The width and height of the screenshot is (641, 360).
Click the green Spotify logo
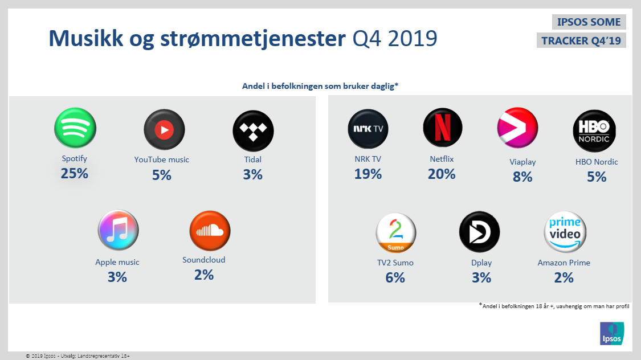[75, 128]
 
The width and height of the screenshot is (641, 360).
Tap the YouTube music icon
[164, 130]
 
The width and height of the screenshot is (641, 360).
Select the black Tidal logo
[253, 131]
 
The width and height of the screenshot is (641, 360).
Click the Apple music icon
[118, 230]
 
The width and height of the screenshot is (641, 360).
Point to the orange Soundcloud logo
[210, 231]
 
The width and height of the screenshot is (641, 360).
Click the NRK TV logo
[368, 129]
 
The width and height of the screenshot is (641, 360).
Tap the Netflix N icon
[443, 128]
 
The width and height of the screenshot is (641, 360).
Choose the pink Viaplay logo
[517, 128]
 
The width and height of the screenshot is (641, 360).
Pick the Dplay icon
[479, 232]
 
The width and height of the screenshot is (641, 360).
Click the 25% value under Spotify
[75, 173]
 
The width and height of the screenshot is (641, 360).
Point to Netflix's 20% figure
[442, 174]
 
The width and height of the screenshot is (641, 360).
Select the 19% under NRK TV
[368, 174]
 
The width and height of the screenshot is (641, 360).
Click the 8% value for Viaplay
[522, 177]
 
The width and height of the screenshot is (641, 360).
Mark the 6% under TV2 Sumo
[395, 277]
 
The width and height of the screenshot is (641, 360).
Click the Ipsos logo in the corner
[612, 333]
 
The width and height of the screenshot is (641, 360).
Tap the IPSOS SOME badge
[589, 22]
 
